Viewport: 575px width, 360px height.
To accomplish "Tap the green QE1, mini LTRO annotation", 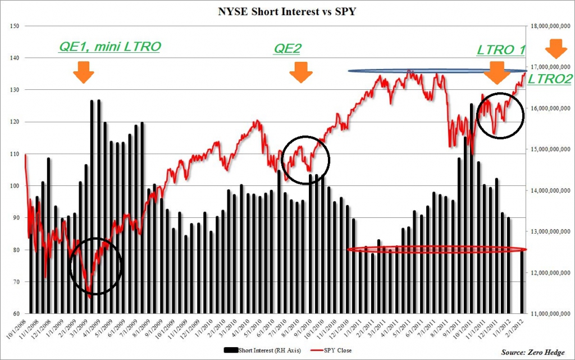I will click(109, 47).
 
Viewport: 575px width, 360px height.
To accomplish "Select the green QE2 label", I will click(287, 49).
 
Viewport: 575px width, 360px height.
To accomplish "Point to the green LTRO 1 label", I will click(501, 50).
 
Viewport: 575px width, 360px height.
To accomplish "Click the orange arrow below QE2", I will click(301, 71).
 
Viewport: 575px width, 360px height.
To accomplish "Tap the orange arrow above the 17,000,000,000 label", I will click(556, 48).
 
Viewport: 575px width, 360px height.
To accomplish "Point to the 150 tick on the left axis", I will click(15, 26).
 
